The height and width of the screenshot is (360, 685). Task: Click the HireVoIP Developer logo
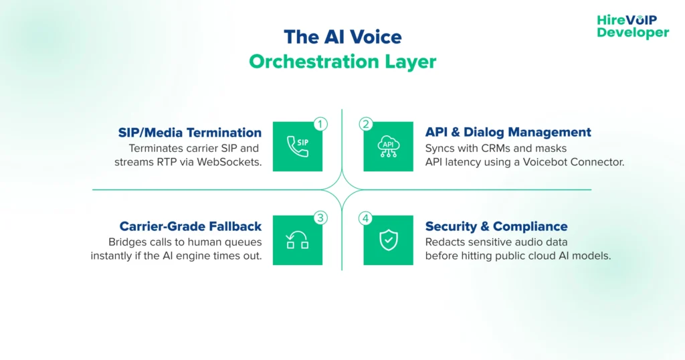click(632, 26)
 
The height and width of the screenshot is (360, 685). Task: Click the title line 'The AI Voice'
click(342, 36)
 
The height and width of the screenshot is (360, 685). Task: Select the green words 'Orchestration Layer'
click(342, 62)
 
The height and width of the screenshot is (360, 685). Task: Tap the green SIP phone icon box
click(298, 147)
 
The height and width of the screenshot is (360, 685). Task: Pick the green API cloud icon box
click(388, 147)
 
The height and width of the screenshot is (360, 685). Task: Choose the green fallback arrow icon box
click(298, 240)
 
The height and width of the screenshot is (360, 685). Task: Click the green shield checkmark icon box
click(388, 240)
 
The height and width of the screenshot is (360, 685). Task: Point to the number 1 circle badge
click(320, 124)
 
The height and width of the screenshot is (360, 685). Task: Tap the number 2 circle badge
click(365, 124)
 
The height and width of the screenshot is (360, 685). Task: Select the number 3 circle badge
click(320, 217)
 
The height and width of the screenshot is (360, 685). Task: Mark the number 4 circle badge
click(365, 217)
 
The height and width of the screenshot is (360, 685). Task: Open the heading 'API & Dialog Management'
click(508, 132)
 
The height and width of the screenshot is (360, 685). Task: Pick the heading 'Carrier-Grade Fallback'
click(190, 226)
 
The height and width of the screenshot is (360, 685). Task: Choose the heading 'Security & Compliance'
click(496, 226)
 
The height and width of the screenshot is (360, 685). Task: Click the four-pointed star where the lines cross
click(342, 189)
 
